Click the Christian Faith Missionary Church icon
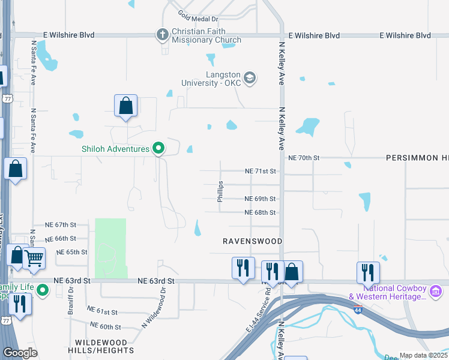[x=162, y=35]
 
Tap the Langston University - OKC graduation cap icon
[x=250, y=78]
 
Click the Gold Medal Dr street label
[x=196, y=18]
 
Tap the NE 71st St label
[x=260, y=171]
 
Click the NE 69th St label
[x=260, y=199]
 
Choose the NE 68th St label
[x=260, y=212]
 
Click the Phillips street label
[x=221, y=192]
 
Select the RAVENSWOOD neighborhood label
[x=252, y=241]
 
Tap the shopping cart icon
[x=35, y=258]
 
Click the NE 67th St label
[x=61, y=224]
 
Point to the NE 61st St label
[x=103, y=312]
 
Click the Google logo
[x=20, y=353]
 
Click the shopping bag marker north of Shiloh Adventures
[x=126, y=106]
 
